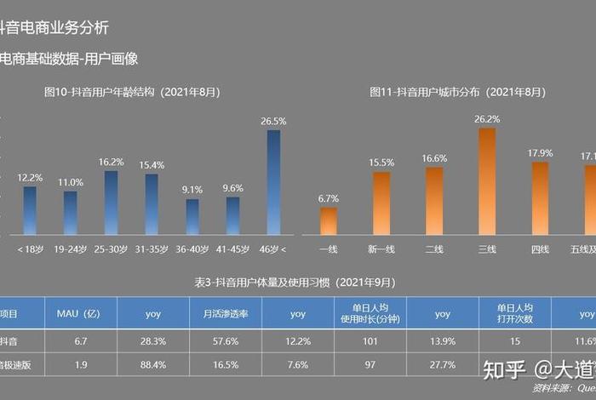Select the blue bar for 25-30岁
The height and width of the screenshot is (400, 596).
point(111,203)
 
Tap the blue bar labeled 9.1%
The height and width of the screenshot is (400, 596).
point(192,216)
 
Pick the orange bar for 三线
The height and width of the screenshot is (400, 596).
point(487,181)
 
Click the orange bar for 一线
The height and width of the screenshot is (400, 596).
point(329,220)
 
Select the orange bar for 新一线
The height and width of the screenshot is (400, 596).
point(381,203)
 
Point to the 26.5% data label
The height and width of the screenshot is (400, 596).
point(273,122)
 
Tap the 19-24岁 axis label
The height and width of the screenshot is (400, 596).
point(71,249)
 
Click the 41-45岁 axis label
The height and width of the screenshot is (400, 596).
point(233,249)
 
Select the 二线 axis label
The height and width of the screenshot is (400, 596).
point(434,249)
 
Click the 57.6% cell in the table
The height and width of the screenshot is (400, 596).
point(226,340)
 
